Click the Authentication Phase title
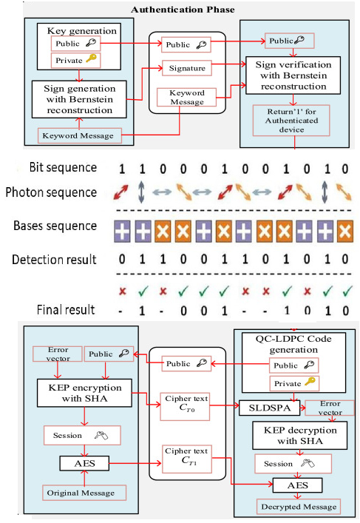point(182,10)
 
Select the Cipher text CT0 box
point(185,403)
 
